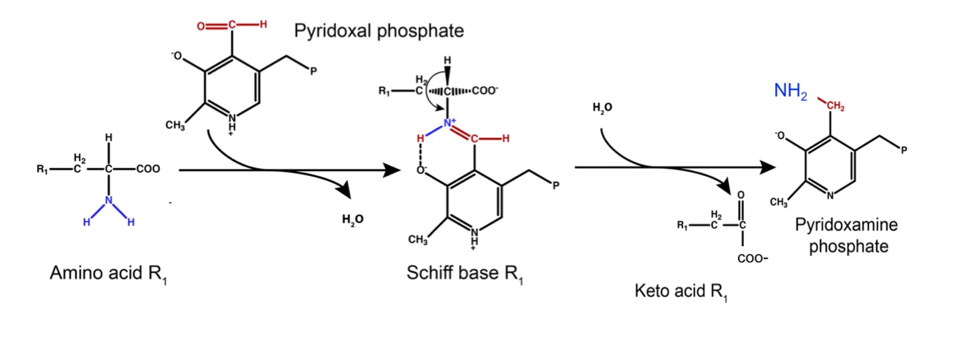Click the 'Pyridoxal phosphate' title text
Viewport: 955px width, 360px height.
click(x=379, y=31)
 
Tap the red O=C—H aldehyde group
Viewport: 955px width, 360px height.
click(x=231, y=25)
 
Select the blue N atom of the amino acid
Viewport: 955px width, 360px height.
click(x=109, y=202)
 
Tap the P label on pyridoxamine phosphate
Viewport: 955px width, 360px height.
click(x=904, y=150)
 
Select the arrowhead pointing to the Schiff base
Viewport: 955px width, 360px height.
click(x=392, y=170)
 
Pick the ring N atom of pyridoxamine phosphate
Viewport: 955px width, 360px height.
click(x=830, y=195)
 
